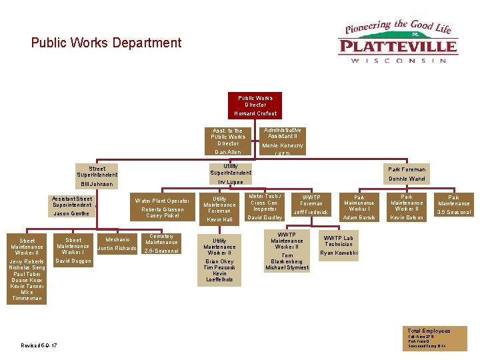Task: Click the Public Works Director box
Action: tap(255, 105)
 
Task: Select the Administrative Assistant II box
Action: tap(283, 138)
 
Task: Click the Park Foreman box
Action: tap(407, 174)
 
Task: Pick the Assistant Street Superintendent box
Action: tap(71, 205)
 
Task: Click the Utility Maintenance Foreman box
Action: tap(219, 209)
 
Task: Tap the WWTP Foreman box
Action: tap(311, 205)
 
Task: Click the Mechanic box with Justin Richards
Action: tap(117, 244)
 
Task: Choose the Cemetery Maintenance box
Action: tap(161, 243)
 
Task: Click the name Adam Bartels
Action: tap(359, 218)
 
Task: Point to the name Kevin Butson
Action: tap(407, 218)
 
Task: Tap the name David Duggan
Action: tap(73, 261)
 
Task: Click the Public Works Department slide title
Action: tap(106, 43)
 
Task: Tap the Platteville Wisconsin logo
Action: tap(399, 41)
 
